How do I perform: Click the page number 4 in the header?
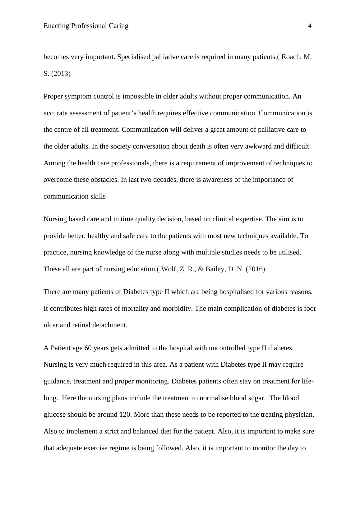(309, 26)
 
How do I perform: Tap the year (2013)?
(61, 74)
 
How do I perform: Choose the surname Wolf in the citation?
(169, 269)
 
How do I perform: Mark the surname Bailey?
(215, 269)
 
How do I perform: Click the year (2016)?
(256, 269)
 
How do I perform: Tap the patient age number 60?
(88, 348)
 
